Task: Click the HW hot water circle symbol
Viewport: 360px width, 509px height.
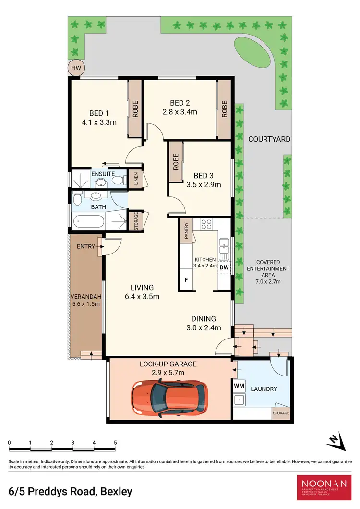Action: point(76,68)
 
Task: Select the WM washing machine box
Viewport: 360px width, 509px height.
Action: point(239,386)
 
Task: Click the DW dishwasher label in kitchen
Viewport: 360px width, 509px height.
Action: point(224,267)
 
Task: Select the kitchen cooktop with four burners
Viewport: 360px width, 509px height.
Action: point(206,224)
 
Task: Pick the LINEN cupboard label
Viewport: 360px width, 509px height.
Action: point(136,179)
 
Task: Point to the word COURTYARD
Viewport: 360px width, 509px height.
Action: point(269,139)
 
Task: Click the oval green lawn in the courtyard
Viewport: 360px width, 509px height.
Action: point(252,53)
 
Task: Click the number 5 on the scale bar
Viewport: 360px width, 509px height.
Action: point(115,442)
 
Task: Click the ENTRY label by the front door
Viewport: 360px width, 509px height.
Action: point(86,246)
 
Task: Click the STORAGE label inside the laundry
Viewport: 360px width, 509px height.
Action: point(281,413)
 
